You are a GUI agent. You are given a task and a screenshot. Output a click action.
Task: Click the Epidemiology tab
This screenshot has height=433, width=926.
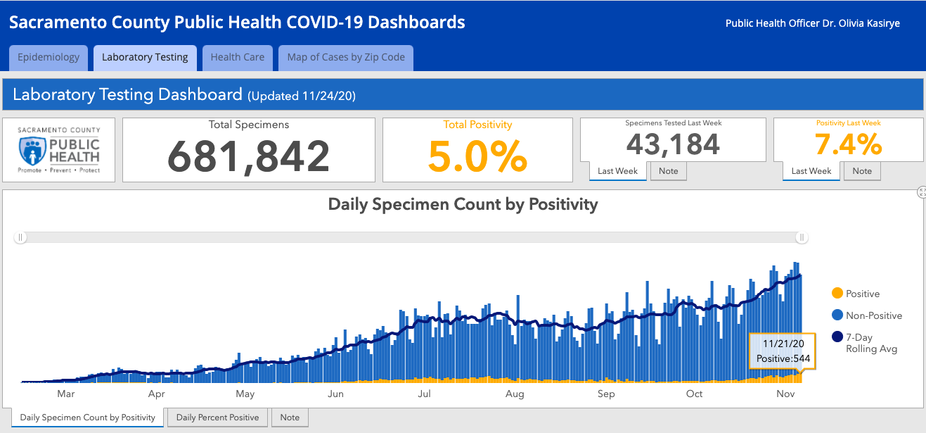49,58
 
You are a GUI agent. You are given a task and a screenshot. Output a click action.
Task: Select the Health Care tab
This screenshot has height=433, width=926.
238,58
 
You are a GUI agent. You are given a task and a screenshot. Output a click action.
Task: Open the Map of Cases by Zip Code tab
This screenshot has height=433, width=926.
346,58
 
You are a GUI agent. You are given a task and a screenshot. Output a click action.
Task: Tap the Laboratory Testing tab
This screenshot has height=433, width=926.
145,58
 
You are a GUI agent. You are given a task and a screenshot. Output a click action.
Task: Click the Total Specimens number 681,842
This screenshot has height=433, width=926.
249,156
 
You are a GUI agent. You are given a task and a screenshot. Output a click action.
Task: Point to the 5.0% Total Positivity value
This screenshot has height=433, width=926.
477,156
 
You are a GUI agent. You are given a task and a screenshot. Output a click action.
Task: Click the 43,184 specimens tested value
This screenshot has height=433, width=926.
673,144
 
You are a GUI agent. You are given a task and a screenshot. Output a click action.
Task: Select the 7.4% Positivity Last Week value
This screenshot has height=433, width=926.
848,144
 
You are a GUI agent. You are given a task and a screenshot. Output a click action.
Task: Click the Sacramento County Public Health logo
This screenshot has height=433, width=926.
59,150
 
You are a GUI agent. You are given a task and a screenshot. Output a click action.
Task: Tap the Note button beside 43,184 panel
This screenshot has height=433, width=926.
668,171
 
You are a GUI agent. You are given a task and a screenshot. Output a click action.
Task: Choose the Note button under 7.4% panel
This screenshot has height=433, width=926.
862,171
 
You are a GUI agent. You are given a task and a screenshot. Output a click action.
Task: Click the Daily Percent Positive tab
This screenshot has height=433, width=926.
217,418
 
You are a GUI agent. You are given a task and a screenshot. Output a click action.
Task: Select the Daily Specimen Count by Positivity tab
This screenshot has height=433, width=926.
88,418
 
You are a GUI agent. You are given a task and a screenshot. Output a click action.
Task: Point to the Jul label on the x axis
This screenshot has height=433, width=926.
425,394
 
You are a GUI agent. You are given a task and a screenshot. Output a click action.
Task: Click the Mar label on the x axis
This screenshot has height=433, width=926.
66,394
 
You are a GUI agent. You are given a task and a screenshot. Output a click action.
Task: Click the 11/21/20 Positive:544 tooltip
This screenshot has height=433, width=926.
783,351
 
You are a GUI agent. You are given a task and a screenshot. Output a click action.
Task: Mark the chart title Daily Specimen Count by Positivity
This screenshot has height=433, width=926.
463,205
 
